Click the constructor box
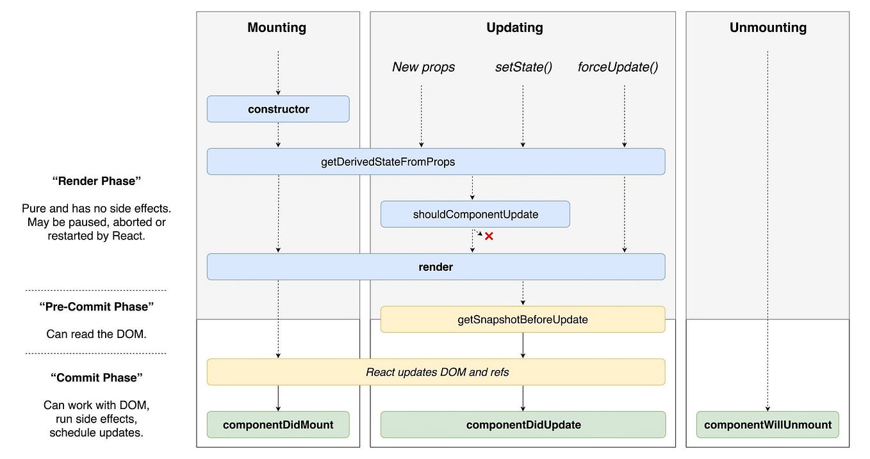pyautogui.click(x=278, y=109)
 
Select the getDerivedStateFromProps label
pyautogui.click(x=388, y=162)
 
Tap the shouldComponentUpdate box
pyautogui.click(x=475, y=214)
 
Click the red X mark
pyautogui.click(x=489, y=236)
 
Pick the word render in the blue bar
pyautogui.click(x=436, y=267)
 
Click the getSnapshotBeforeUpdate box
pyautogui.click(x=523, y=319)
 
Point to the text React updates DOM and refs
pyautogui.click(x=437, y=372)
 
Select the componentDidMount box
pyautogui.click(x=278, y=424)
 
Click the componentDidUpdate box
pyautogui.click(x=523, y=424)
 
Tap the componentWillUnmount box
pyautogui.click(x=767, y=424)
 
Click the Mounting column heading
pyautogui.click(x=277, y=28)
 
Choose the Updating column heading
pyautogui.click(x=514, y=28)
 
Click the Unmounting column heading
pyautogui.click(x=767, y=28)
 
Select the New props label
pyautogui.click(x=423, y=67)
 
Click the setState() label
pyautogui.click(x=523, y=67)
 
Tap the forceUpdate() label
pyautogui.click(x=618, y=67)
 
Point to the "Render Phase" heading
pyautogui.click(x=96, y=181)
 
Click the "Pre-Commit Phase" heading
pyautogui.click(x=96, y=307)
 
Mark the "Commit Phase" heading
pyautogui.click(x=96, y=378)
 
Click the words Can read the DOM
pyautogui.click(x=96, y=334)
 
